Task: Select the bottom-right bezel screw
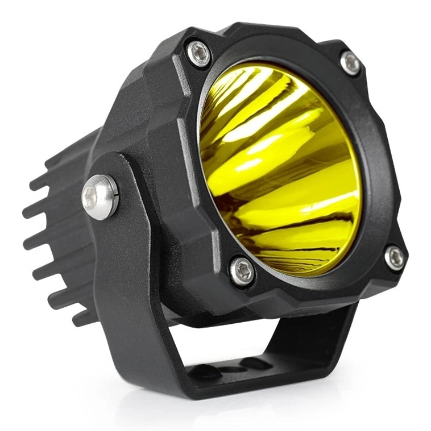[x=394, y=258]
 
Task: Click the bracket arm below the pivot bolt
[x=124, y=280]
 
